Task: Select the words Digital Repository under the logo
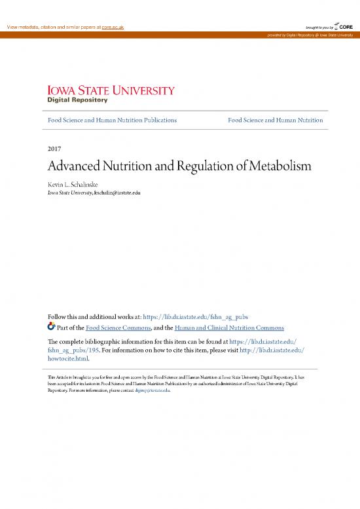coord(77,100)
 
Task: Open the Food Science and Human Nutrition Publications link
coord(108,121)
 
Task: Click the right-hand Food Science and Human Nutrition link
coord(275,121)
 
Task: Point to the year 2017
coord(55,149)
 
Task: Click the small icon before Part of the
coord(52,327)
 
